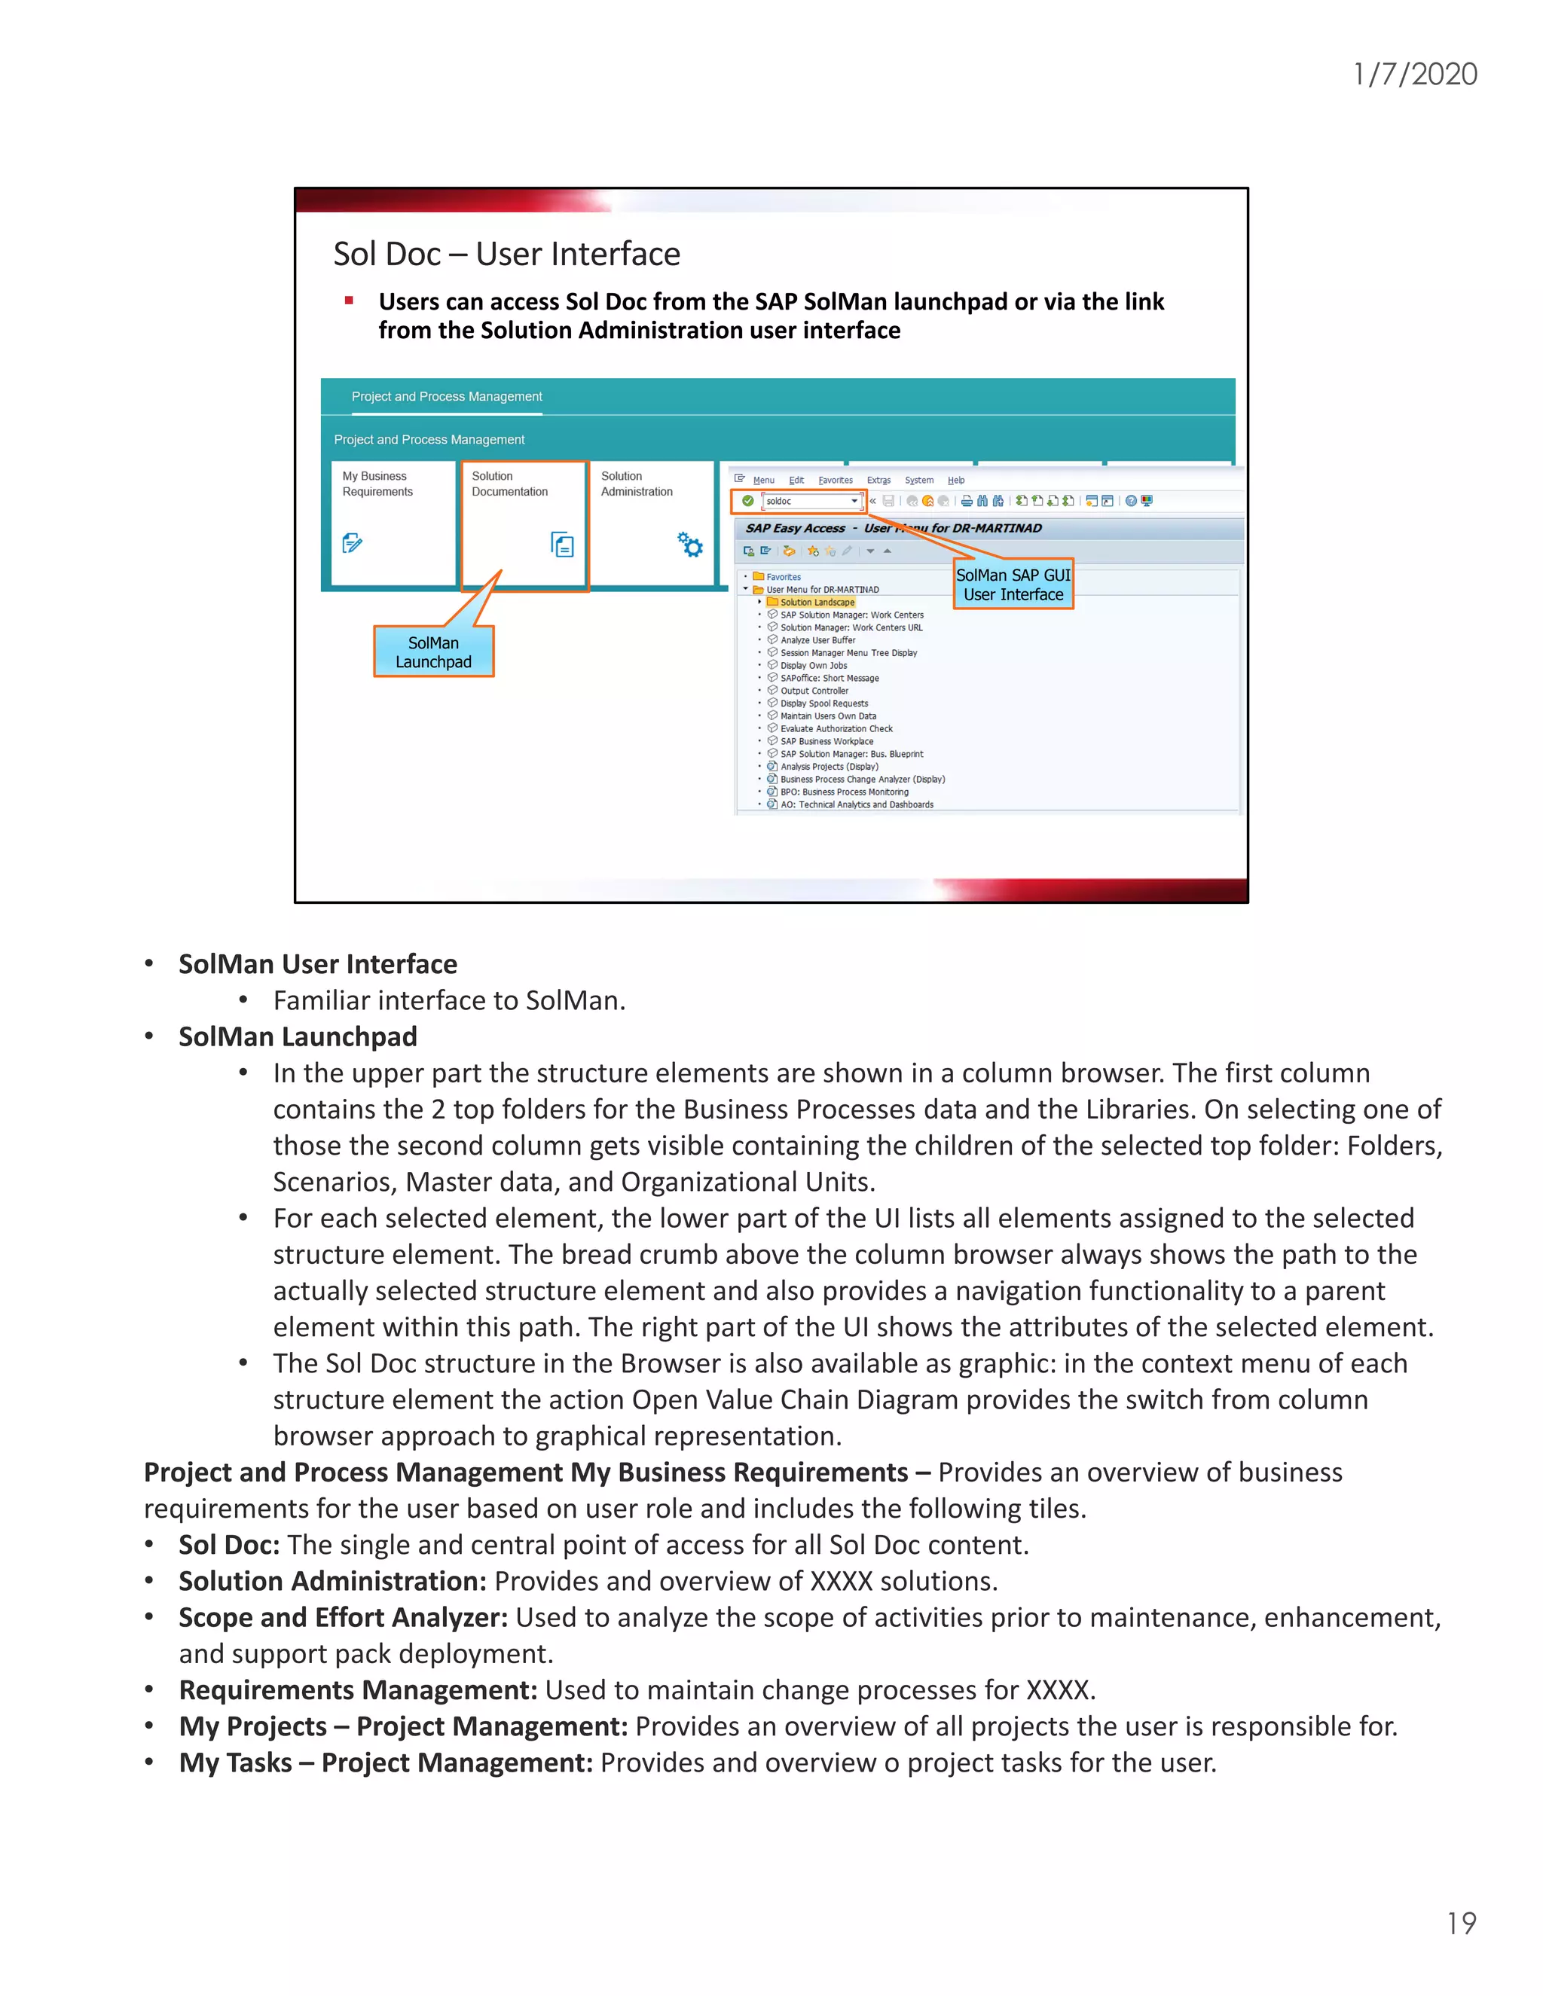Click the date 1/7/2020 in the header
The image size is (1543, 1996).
[x=1414, y=74]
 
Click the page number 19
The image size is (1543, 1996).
[x=1461, y=1923]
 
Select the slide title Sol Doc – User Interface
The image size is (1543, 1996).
[x=506, y=254]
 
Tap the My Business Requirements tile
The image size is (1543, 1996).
[x=393, y=523]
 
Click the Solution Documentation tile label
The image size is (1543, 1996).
[x=509, y=484]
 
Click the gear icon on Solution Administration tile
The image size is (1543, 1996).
[x=690, y=545]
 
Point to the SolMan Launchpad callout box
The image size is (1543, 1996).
[x=433, y=652]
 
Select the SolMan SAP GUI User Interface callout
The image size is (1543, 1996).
[x=1013, y=584]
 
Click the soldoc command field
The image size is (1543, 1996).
[x=808, y=501]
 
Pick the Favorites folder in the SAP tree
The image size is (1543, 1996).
[x=783, y=577]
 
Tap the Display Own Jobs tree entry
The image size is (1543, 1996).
[x=813, y=665]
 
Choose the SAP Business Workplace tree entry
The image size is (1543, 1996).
[x=826, y=741]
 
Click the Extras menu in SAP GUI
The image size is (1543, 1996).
[x=878, y=480]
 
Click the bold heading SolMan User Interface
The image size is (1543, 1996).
[x=317, y=964]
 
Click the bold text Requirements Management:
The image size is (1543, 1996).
[x=357, y=1690]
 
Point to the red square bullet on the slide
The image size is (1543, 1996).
[x=348, y=300]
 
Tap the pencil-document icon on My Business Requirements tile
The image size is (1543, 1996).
[x=352, y=543]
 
